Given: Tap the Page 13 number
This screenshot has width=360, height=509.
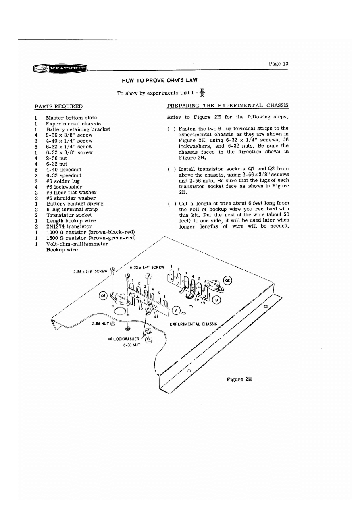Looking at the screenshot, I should [279, 64].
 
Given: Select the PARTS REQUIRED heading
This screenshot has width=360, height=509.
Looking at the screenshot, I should [58, 106].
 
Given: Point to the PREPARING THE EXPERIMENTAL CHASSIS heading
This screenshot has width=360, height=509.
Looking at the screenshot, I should [227, 106].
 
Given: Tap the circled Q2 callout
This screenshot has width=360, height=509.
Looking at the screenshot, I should [228, 280].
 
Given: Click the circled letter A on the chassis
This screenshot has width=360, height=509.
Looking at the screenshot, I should [176, 310].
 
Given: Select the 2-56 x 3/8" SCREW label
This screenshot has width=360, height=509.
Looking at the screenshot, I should [90, 271].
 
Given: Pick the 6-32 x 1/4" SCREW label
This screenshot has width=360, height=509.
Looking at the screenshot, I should [147, 267].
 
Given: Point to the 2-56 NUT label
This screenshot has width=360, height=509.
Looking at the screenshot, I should [100, 323].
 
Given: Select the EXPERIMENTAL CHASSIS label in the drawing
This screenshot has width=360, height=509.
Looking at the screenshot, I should [193, 324].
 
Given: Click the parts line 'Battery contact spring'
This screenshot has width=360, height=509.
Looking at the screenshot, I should [75, 204].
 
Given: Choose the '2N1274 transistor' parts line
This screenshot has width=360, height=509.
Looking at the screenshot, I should [69, 226].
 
